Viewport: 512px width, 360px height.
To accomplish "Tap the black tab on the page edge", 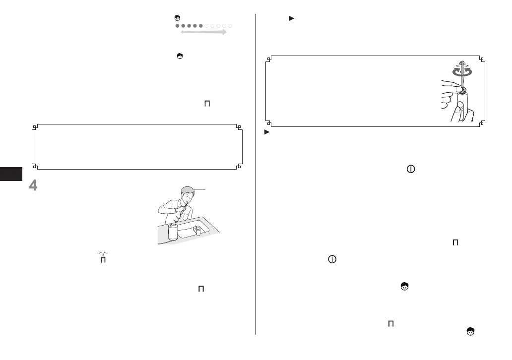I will pyautogui.click(x=11, y=175).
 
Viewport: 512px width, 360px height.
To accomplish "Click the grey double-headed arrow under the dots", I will pyautogui.click(x=203, y=32).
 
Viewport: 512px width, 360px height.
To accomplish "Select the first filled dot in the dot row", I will pyautogui.click(x=178, y=25).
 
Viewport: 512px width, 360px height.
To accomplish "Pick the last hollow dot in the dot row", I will pyautogui.click(x=231, y=25).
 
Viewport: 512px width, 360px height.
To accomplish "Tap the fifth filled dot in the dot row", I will pyautogui.click(x=201, y=25).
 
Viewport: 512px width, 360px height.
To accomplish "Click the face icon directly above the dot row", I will pyautogui.click(x=177, y=18).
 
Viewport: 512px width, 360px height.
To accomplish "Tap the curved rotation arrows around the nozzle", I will pyautogui.click(x=462, y=70).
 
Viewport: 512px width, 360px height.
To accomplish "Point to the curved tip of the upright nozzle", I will pyautogui.click(x=461, y=63).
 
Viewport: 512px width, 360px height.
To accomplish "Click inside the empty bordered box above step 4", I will pyautogui.click(x=136, y=147).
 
